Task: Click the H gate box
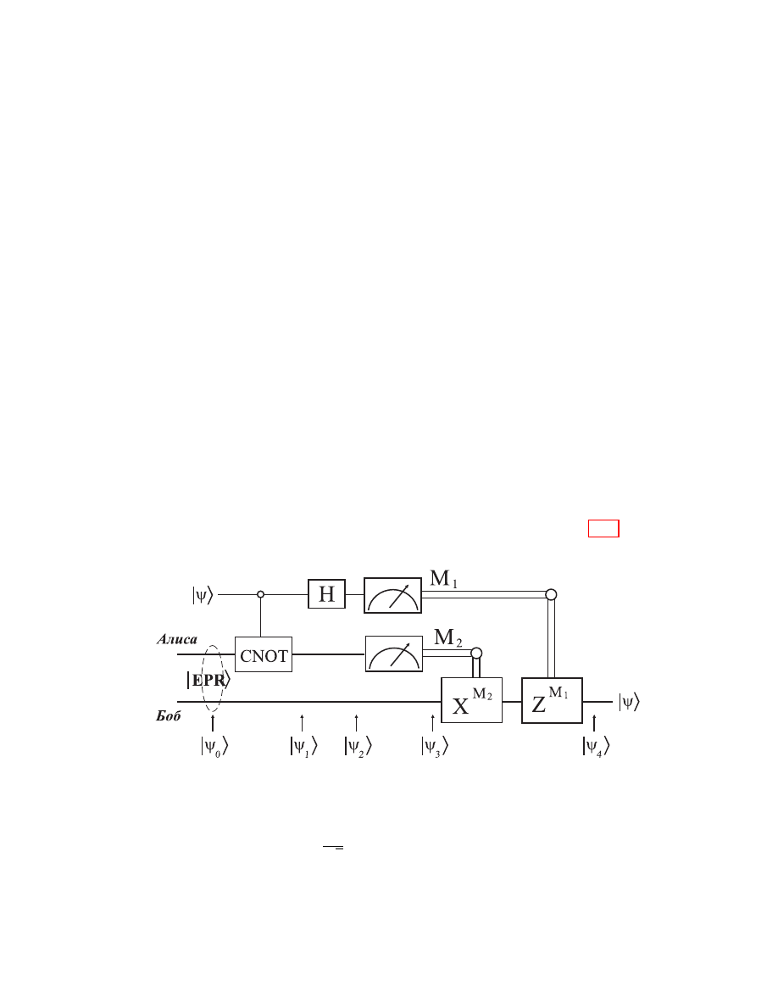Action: (327, 594)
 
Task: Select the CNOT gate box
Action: (264, 654)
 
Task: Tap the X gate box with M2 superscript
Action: (472, 700)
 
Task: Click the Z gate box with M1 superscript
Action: (552, 701)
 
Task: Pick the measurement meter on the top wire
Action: (393, 595)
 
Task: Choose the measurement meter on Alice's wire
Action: (394, 654)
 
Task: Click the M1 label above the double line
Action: (443, 579)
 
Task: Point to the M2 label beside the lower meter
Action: (448, 637)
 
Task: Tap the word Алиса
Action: (177, 639)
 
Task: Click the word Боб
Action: (168, 715)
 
